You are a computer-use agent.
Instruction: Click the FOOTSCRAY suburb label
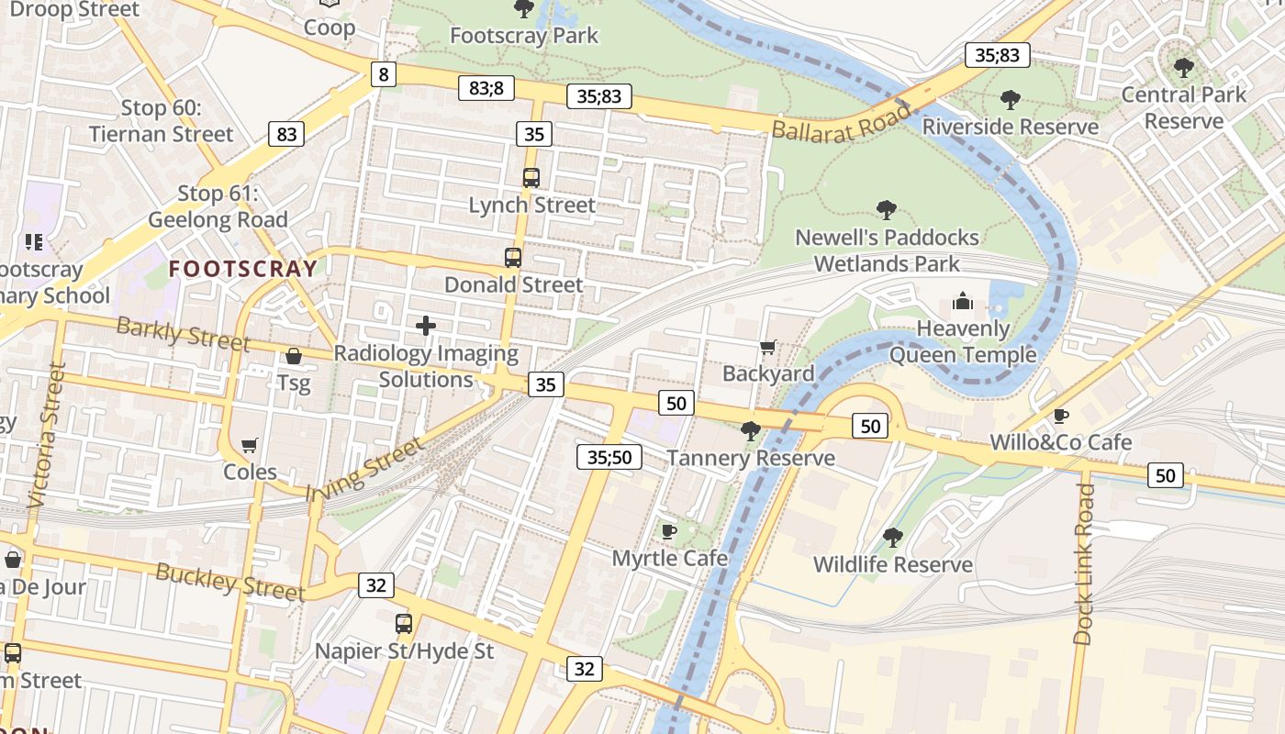(243, 269)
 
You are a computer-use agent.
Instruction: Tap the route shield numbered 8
(384, 74)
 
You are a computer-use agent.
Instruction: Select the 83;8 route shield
(486, 88)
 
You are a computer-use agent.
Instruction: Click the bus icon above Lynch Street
(531, 178)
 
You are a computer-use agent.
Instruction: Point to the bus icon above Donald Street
(513, 258)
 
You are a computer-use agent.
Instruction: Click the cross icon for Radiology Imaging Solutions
(426, 326)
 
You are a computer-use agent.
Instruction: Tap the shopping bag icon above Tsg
(294, 356)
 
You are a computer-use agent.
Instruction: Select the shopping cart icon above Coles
(250, 445)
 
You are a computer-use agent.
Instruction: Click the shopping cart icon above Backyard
(768, 347)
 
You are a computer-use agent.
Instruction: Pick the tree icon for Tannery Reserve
(751, 430)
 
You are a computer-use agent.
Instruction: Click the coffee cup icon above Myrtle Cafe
(669, 531)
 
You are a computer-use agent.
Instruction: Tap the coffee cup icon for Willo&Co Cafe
(1061, 416)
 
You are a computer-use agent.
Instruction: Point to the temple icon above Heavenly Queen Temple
(963, 301)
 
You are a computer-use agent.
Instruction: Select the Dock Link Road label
(1084, 563)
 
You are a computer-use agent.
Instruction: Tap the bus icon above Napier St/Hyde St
(404, 625)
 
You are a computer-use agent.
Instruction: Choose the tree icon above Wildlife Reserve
(892, 538)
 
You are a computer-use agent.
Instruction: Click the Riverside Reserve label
(1011, 127)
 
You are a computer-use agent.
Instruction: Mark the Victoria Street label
(48, 436)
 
